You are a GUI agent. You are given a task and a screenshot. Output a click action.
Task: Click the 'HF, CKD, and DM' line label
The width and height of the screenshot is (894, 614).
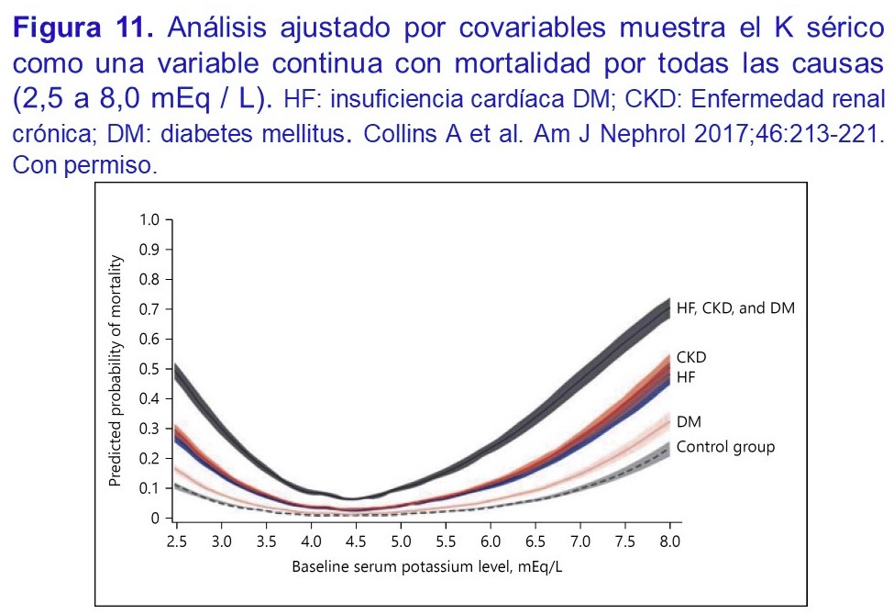pos(735,308)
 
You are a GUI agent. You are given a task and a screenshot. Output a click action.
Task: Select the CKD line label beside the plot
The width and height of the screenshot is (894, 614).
pos(692,357)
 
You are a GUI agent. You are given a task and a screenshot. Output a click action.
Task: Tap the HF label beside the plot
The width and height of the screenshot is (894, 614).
pos(687,377)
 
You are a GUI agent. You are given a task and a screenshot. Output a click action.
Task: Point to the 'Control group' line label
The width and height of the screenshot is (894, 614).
pos(726,447)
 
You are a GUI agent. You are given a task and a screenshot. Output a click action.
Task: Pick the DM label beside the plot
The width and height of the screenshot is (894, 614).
pos(689,422)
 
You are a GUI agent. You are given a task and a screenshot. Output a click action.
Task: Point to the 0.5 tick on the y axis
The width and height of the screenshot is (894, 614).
pos(149,369)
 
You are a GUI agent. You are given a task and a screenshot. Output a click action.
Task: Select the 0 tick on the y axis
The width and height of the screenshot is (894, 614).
pos(155,519)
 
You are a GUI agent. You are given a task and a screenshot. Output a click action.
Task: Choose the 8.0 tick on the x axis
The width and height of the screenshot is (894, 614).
pos(669,542)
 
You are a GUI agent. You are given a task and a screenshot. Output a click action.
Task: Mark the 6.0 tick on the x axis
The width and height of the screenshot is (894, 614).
pos(490,542)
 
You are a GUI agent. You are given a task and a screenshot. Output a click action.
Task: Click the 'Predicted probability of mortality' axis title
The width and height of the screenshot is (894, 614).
pos(116,369)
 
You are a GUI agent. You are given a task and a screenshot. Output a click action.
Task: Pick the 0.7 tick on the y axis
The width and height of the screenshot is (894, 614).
pos(149,309)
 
